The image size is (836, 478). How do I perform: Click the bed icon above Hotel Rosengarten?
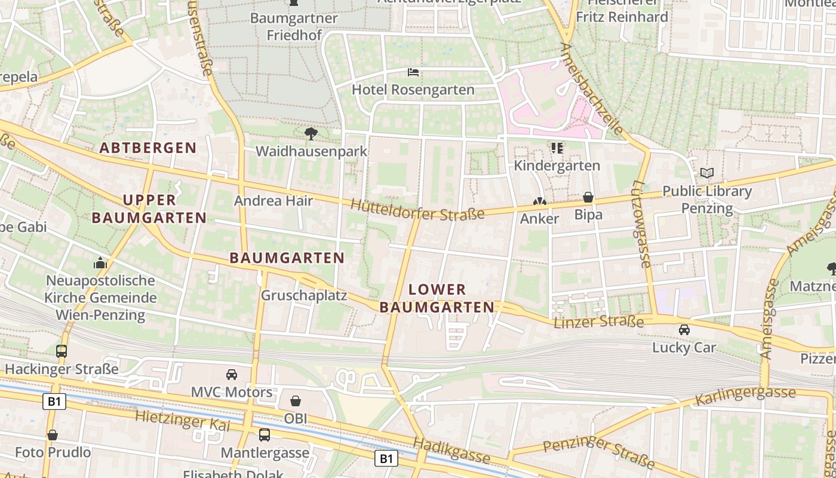(413, 73)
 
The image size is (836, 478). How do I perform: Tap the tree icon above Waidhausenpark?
(311, 133)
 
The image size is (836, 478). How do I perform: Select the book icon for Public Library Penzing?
(707, 173)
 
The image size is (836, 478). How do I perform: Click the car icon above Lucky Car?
(684, 329)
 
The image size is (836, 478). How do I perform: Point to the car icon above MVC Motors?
(232, 375)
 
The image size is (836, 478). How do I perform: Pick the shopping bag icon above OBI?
(295, 401)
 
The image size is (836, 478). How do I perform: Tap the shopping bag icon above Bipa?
(588, 197)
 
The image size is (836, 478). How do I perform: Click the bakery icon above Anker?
(539, 202)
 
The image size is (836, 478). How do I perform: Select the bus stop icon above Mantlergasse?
(265, 435)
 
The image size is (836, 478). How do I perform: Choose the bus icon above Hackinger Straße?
(62, 351)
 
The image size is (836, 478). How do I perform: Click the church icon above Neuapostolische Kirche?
(100, 263)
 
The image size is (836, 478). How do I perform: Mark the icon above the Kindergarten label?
(557, 148)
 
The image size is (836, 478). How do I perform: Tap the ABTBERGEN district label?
(148, 148)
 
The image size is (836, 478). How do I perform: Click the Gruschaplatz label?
(304, 296)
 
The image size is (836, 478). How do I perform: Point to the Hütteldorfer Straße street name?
(417, 210)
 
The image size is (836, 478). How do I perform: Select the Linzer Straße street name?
(599, 323)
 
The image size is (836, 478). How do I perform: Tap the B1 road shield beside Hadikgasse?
(386, 458)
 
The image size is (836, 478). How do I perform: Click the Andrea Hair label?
(273, 201)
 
